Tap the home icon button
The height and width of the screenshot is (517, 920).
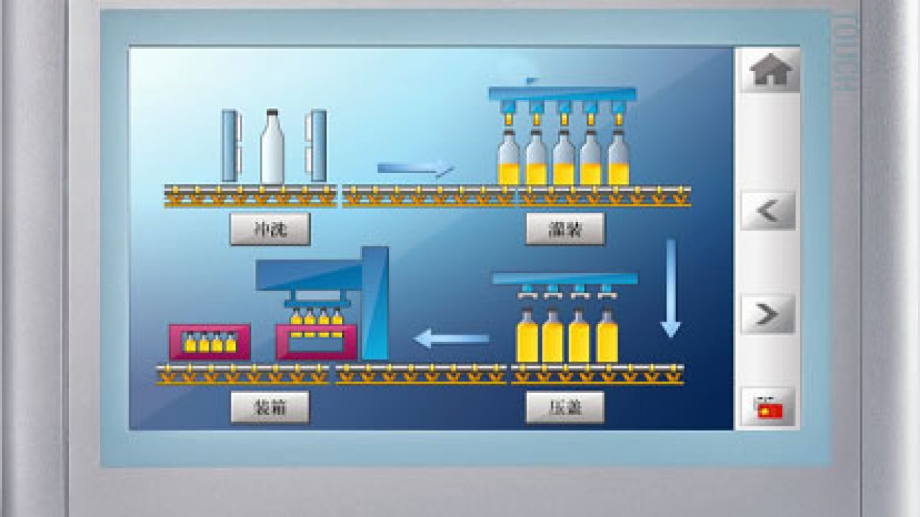(x=770, y=70)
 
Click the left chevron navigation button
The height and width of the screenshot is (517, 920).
(x=768, y=210)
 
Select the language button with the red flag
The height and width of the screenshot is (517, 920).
(x=768, y=409)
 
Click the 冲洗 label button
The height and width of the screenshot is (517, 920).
(x=270, y=229)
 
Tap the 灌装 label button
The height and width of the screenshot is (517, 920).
(x=565, y=229)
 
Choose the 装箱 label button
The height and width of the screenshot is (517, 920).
(x=270, y=408)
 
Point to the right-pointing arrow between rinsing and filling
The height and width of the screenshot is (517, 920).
(x=416, y=169)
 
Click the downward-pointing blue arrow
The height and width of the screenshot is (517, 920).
(x=671, y=287)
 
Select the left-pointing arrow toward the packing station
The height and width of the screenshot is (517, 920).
(x=452, y=337)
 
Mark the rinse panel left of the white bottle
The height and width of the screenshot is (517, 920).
(x=229, y=146)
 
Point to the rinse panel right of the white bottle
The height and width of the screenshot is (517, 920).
(x=317, y=146)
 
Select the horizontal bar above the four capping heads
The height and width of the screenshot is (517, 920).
(x=565, y=278)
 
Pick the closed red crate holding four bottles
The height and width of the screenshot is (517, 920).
(x=210, y=342)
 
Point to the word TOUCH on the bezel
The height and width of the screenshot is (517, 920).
(x=845, y=54)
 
